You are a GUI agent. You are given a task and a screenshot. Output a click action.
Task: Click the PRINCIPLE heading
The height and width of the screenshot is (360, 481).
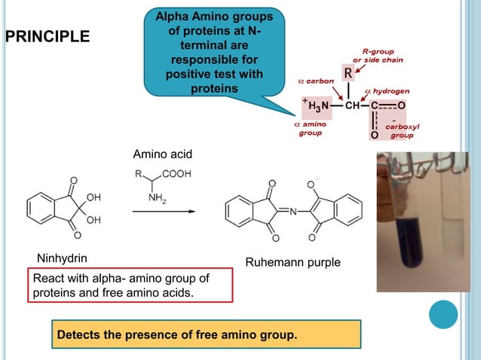[x=47, y=36]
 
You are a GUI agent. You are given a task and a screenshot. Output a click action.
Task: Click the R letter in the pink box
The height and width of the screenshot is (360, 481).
[x=348, y=74]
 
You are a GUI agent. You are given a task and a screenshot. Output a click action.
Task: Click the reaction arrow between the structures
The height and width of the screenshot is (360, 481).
[x=164, y=212]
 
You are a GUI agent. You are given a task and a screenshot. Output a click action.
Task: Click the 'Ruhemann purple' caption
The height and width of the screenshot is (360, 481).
[x=293, y=263]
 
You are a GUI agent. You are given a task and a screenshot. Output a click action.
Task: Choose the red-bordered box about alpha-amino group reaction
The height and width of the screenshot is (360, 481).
[x=132, y=285]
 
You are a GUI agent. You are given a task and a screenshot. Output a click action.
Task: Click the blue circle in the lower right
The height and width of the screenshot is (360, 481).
[x=443, y=315]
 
